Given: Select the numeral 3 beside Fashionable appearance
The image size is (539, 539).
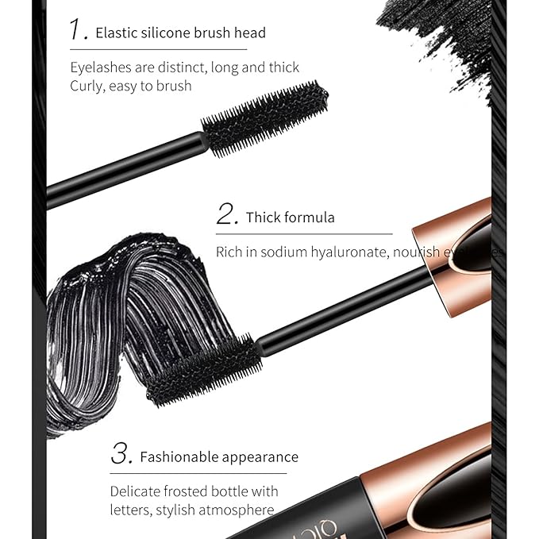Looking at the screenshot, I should [x=121, y=454].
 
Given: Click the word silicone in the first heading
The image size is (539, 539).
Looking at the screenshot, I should [x=164, y=33].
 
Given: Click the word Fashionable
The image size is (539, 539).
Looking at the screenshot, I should [x=179, y=457].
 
